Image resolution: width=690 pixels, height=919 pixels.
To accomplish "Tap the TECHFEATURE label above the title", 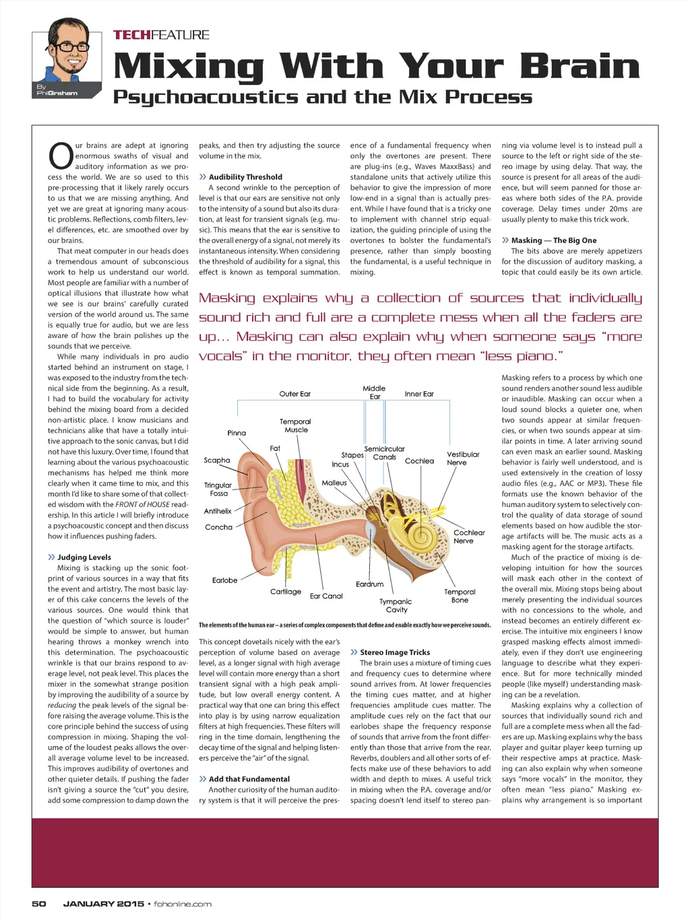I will tap(161, 35).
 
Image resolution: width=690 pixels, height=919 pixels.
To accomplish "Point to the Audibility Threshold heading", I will tap(245, 177).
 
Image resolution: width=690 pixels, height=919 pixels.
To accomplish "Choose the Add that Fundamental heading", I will tap(249, 779).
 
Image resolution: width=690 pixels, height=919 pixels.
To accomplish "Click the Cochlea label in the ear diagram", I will tap(419, 461).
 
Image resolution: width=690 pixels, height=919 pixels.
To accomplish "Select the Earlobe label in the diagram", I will tap(224, 580).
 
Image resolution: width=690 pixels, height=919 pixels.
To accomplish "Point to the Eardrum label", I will tap(369, 584).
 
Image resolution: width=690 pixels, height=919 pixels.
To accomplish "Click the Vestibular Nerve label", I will tap(463, 458).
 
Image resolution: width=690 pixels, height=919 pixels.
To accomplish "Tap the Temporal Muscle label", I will tap(295, 426).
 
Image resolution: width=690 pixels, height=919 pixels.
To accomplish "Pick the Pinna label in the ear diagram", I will tap(237, 433).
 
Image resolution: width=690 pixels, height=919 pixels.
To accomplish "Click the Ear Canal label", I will tap(326, 596).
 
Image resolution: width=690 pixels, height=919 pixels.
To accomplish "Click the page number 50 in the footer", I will tap(39, 904).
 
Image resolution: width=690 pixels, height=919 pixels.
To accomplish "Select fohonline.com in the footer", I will tap(183, 904).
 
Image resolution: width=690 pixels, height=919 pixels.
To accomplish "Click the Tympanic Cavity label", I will tap(396, 606).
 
